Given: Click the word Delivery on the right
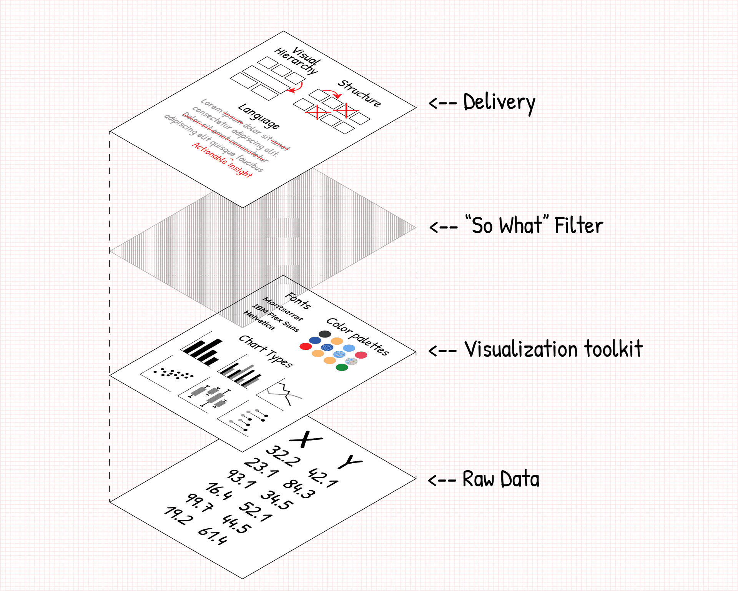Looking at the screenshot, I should [499, 103].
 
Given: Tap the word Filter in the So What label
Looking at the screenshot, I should [578, 226].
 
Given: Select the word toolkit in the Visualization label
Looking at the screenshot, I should [613, 349].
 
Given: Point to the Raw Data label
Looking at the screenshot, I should [501, 479].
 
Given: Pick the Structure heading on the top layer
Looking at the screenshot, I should [359, 93].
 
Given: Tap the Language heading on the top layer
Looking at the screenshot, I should [259, 116].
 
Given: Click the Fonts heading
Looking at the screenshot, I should [298, 301].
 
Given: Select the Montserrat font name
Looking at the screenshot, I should [283, 309].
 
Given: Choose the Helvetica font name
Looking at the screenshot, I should [259, 321].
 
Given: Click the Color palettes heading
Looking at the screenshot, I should [357, 336].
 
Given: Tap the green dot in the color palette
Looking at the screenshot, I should [342, 367].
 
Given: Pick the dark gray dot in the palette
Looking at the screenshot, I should [325, 334].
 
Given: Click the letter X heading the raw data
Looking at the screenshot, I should [306, 439].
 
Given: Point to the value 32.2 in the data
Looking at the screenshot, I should [283, 456].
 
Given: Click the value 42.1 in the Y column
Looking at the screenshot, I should [323, 478].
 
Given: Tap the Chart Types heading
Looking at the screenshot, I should [266, 351].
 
